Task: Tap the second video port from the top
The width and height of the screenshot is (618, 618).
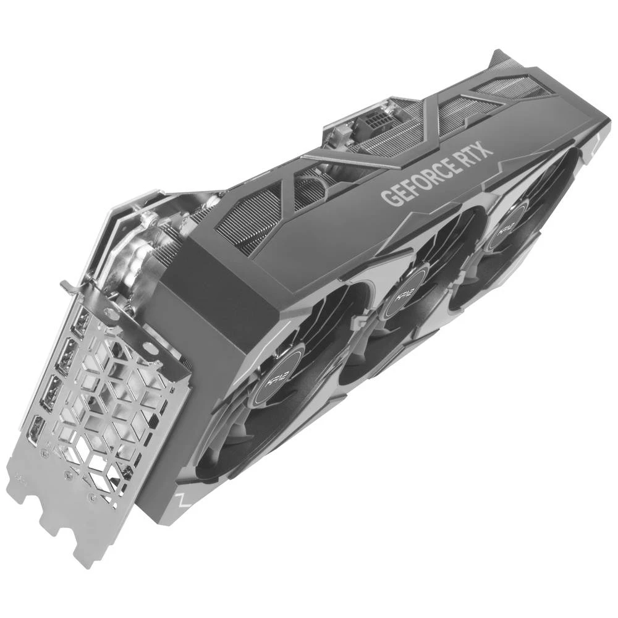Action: (67, 354)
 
